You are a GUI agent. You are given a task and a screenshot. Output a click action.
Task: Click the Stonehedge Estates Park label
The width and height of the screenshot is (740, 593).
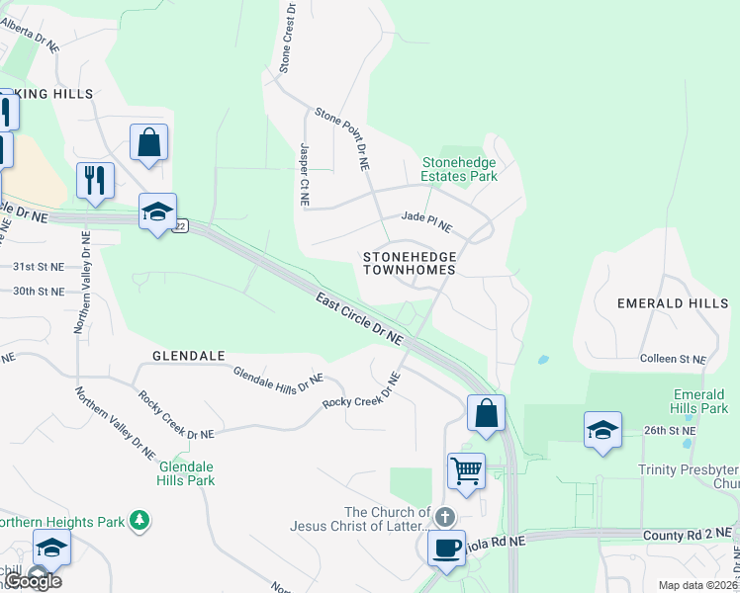pyautogui.click(x=459, y=169)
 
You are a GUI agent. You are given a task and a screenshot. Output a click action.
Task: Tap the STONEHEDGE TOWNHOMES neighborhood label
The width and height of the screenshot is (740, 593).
pyautogui.click(x=409, y=263)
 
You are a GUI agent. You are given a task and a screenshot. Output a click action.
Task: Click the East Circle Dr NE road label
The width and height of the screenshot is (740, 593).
pyautogui.click(x=360, y=318)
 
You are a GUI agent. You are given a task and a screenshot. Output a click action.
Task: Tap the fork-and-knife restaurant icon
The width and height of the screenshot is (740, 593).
pyautogui.click(x=95, y=180)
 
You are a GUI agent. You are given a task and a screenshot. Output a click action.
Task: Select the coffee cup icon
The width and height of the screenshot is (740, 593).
pyautogui.click(x=446, y=547)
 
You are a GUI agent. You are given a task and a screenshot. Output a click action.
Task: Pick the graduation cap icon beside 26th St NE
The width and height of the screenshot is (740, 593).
pyautogui.click(x=602, y=429)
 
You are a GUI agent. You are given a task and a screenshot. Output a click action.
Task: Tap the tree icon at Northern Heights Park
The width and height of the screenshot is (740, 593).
pyautogui.click(x=140, y=519)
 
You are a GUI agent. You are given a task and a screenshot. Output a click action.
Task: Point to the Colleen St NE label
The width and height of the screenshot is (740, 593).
pyautogui.click(x=673, y=359)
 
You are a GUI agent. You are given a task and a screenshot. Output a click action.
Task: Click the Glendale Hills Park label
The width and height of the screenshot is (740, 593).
pyautogui.click(x=185, y=473)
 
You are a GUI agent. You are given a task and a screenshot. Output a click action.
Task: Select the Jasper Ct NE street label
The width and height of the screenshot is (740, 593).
pyautogui.click(x=304, y=174)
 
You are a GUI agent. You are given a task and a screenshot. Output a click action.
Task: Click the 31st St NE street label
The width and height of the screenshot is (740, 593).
pyautogui.click(x=38, y=267)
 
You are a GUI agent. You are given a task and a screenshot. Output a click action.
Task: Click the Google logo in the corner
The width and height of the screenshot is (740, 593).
pyautogui.click(x=32, y=581)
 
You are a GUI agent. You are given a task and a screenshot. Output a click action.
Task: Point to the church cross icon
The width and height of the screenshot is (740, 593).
pyautogui.click(x=445, y=516)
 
